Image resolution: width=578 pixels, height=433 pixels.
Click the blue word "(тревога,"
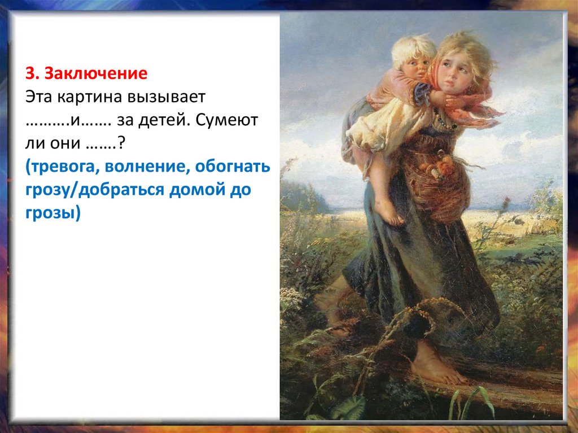(x=58, y=168)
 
